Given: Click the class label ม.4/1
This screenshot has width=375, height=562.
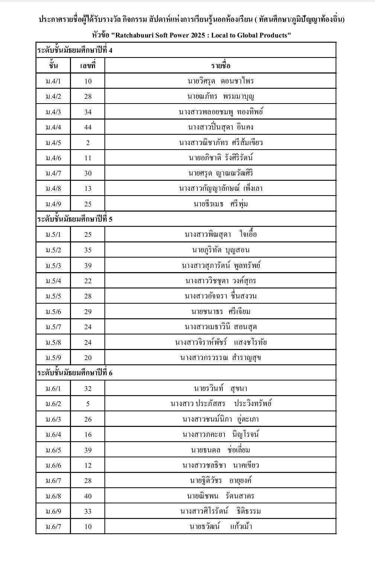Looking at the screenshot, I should (53, 81).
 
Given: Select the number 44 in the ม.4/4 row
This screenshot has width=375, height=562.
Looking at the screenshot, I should (88, 127).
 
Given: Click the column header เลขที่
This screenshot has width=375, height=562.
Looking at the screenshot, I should (88, 66).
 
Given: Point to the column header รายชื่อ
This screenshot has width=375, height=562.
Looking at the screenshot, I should (220, 66).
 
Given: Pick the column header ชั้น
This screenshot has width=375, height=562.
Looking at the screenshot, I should (53, 66).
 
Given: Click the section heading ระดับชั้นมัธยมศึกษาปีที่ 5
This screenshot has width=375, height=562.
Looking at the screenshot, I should (75, 219).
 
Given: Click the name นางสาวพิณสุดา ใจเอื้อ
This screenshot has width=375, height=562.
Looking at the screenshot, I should (220, 235).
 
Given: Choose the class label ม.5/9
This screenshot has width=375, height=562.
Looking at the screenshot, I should (53, 358).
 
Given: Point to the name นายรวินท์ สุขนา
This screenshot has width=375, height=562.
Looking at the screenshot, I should (220, 389).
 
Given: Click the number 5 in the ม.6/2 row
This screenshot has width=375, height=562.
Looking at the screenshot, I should (88, 404).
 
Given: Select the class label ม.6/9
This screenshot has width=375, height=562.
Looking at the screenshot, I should (53, 512).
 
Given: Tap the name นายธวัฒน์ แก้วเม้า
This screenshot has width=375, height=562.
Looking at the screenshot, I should (220, 527).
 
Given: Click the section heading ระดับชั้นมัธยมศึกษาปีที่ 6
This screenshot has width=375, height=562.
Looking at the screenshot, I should (75, 373).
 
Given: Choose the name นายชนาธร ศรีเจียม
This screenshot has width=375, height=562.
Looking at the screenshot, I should (220, 312).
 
